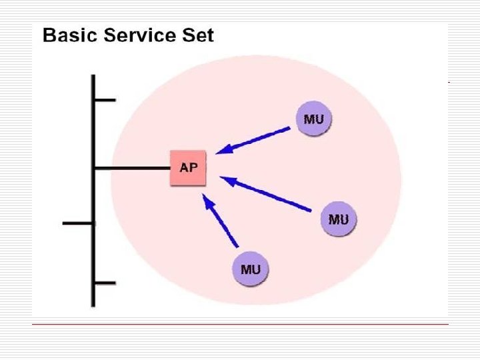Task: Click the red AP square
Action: tap(189, 168)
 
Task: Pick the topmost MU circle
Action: tap(314, 120)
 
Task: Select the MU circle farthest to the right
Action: tap(339, 219)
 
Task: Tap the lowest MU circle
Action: tap(250, 270)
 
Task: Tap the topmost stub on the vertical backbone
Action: tap(105, 100)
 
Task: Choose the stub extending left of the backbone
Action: tap(78, 223)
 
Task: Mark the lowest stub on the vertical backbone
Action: tap(105, 283)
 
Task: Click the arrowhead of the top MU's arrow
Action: tap(224, 150)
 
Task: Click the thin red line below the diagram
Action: tap(240, 324)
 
